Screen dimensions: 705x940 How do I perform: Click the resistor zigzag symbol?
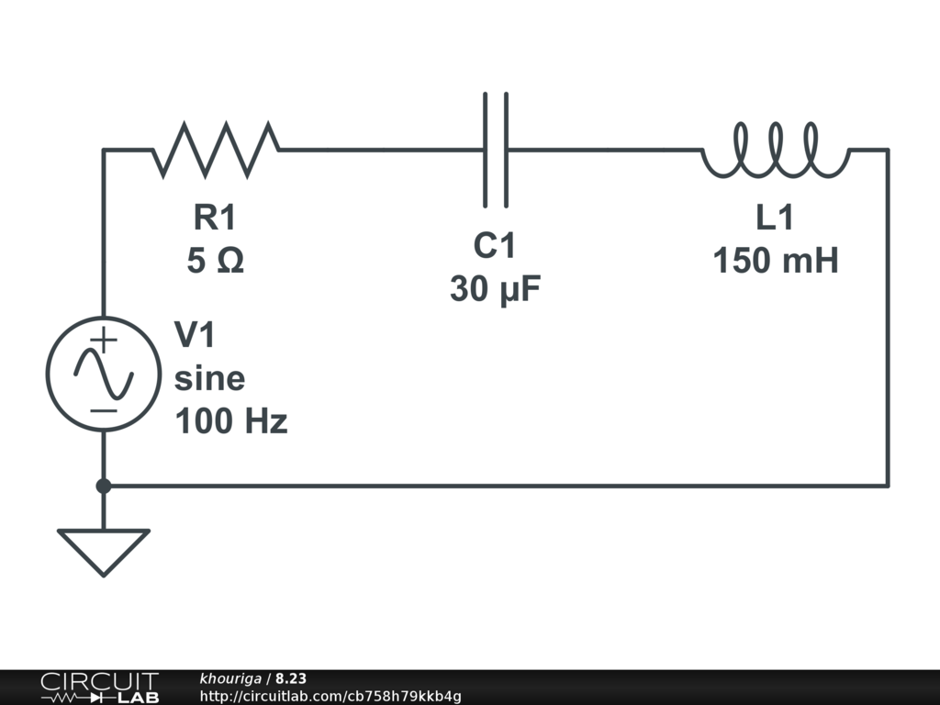(x=216, y=149)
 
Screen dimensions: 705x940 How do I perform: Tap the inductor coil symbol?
(x=776, y=151)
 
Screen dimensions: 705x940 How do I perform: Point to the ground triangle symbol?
(x=104, y=550)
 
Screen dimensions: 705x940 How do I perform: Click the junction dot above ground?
(x=104, y=486)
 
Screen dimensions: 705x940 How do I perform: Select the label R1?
(x=215, y=218)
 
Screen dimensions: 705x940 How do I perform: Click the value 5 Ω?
(x=215, y=262)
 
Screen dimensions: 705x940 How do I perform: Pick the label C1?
(x=495, y=246)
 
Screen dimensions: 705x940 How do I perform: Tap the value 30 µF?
(x=495, y=290)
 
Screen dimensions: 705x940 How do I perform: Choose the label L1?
(x=775, y=218)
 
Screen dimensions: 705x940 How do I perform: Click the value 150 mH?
(x=775, y=262)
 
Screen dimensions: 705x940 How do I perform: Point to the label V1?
(x=195, y=335)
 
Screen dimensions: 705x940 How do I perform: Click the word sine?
(x=209, y=378)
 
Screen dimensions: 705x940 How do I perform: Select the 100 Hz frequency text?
(x=230, y=421)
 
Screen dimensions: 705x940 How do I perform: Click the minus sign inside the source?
(x=105, y=409)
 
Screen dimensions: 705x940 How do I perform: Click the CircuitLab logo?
(x=99, y=688)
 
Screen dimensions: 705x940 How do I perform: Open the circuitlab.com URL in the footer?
(x=330, y=696)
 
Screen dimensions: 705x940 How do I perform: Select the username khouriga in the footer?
(x=230, y=678)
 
